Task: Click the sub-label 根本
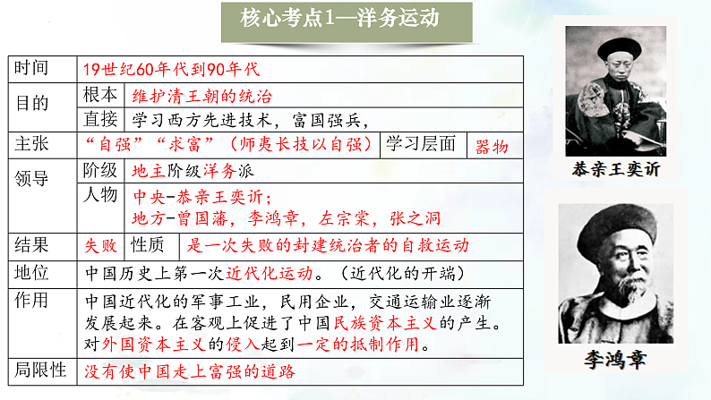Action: pyautogui.click(x=99, y=96)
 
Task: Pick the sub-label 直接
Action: pyautogui.click(x=99, y=120)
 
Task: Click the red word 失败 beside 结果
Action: pyautogui.click(x=101, y=244)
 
